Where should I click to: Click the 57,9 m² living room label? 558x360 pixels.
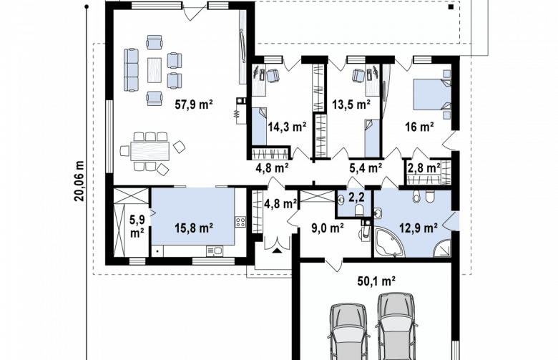(x=194, y=104)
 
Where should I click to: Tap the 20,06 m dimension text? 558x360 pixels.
(x=79, y=181)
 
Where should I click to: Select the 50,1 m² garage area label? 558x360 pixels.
(x=376, y=281)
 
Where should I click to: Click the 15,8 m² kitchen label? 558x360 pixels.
(x=194, y=228)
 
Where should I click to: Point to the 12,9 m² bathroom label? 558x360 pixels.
(x=418, y=228)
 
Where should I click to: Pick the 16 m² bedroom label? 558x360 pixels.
(x=419, y=127)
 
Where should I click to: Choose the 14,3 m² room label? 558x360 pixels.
(x=287, y=127)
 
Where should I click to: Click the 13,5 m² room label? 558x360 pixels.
(x=351, y=104)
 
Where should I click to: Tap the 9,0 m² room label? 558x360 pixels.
(x=328, y=228)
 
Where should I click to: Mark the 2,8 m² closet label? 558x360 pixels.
(x=424, y=167)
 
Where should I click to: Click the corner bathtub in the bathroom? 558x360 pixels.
(x=389, y=242)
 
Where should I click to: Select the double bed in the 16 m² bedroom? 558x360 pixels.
(x=432, y=94)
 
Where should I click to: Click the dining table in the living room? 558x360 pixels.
(x=150, y=151)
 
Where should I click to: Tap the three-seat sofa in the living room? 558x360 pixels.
(x=131, y=70)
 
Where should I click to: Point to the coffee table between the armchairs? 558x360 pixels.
(x=155, y=70)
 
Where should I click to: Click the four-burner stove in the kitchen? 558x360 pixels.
(x=240, y=223)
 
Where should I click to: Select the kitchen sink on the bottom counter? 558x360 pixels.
(x=214, y=250)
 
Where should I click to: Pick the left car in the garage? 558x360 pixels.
(x=348, y=332)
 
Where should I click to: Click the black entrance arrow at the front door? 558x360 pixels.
(x=278, y=250)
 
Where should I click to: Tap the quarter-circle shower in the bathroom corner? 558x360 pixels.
(x=442, y=248)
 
